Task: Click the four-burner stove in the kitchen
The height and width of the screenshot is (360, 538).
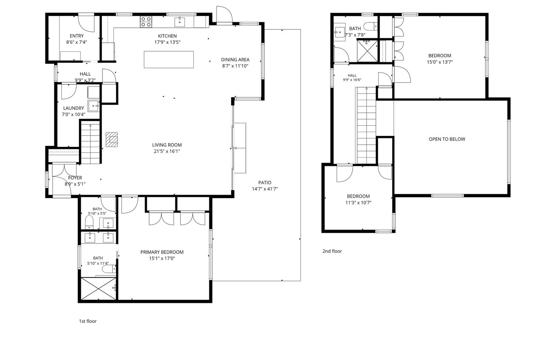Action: [x=146, y=21]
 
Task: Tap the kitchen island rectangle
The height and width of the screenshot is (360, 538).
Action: [x=169, y=59]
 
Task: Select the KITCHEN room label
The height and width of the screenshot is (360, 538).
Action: [x=167, y=36]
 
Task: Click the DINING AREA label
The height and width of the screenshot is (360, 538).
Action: [x=235, y=60]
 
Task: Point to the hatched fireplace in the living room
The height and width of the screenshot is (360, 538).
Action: [x=112, y=139]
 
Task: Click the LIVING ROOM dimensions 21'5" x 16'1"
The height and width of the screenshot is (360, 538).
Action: [x=167, y=151]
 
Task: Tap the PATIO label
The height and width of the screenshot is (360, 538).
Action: [x=265, y=183]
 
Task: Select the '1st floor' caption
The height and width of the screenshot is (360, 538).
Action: [x=88, y=321]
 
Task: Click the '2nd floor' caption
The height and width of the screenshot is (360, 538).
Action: [x=332, y=251]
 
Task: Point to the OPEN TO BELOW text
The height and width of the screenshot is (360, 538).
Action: [x=447, y=139]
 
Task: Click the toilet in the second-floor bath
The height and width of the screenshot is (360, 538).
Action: [x=370, y=26]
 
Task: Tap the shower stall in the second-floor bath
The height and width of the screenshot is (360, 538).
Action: [x=367, y=51]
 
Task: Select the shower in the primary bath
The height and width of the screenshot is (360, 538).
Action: [x=98, y=289]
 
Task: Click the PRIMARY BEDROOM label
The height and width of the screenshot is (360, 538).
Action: [x=162, y=252]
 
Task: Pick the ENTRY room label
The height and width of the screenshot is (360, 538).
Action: [x=76, y=36]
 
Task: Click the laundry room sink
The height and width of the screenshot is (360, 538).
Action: [x=94, y=106]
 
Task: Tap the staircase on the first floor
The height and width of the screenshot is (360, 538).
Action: [x=90, y=143]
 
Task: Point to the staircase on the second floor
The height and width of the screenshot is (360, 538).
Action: [x=366, y=125]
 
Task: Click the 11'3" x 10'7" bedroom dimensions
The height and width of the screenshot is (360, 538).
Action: [x=359, y=203]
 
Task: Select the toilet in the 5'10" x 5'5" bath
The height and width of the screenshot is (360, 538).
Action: [x=89, y=222]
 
